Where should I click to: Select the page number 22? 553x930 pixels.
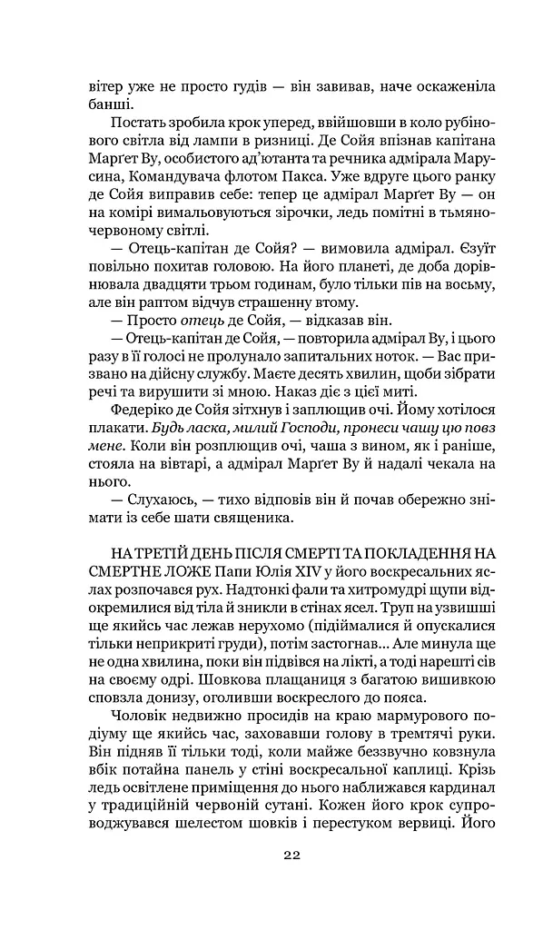291,854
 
